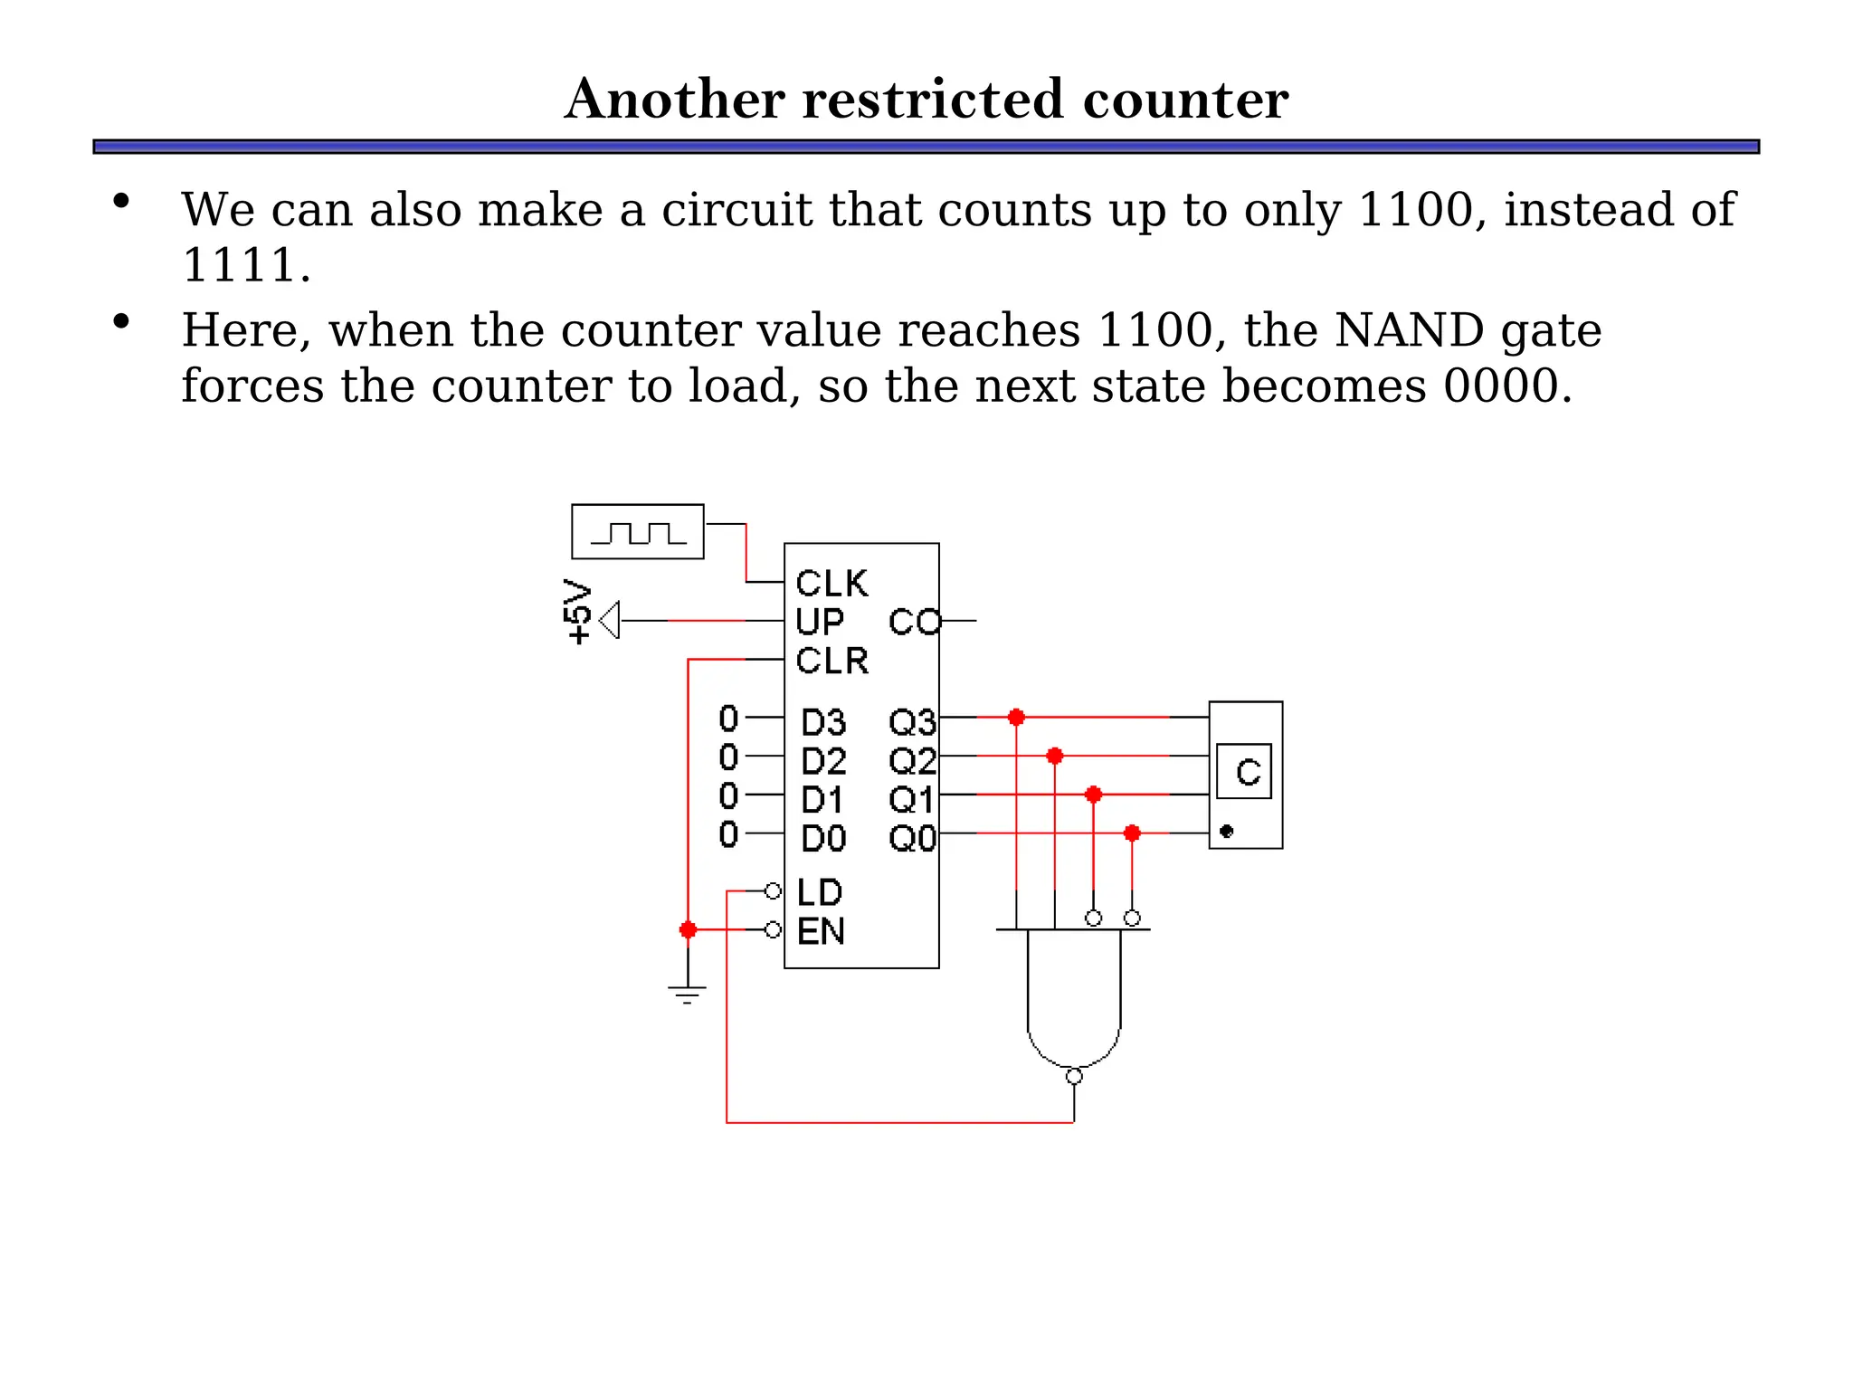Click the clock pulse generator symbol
tap(637, 532)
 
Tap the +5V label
tap(577, 612)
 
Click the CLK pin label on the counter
tap(831, 584)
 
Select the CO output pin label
tap(914, 623)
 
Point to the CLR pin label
tap(831, 662)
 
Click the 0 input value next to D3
tap(728, 719)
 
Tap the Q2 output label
tap(911, 761)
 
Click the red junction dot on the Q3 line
tap(1016, 718)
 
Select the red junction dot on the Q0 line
tap(1132, 833)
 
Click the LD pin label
tap(820, 893)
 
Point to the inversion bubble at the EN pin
tap(773, 930)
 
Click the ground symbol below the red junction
tap(688, 994)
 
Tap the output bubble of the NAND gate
tap(1074, 1077)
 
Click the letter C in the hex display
tap(1248, 772)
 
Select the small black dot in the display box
tap(1227, 831)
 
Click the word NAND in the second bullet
tap(1409, 330)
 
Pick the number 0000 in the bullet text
tap(1500, 386)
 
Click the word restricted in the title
tap(933, 100)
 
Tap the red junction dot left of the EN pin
tap(688, 930)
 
